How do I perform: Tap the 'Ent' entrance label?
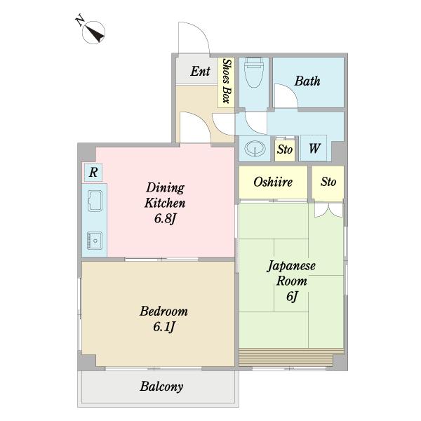pos(200,71)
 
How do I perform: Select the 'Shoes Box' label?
pos(226,81)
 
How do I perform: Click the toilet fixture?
pos(253,72)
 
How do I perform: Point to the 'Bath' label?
pos(307,81)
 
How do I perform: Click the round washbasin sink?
pos(253,149)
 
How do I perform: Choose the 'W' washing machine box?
pos(314,149)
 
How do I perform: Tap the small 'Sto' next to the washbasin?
pos(284,149)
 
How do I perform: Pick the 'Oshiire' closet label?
pos(273,182)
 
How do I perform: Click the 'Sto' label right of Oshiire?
pos(328,182)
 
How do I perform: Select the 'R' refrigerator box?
pos(93,172)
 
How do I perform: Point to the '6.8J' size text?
pos(166,219)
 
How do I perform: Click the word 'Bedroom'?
pos(163,311)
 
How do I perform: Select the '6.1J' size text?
pos(163,327)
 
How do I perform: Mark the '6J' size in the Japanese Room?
pos(292,296)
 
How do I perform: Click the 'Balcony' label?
pos(161,386)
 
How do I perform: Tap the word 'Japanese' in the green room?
pos(292,266)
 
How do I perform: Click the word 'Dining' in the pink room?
pos(166,188)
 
